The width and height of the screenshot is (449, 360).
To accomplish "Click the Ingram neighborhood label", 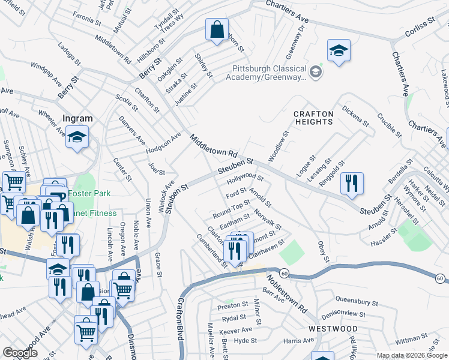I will click(77, 118).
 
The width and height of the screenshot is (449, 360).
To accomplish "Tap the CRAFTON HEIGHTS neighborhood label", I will click(313, 118).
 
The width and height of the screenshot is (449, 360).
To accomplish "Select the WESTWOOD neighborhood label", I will click(333, 329).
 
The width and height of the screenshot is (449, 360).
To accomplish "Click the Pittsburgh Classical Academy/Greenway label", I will click(267, 73).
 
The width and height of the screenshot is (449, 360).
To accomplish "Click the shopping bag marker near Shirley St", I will click(217, 29).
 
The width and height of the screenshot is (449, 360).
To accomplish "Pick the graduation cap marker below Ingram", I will click(77, 137).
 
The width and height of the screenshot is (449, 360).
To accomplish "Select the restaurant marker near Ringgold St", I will click(352, 182).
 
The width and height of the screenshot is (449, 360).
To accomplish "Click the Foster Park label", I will click(85, 193).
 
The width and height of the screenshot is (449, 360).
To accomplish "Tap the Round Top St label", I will click(231, 209).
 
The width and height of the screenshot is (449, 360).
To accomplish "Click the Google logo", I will click(20, 353).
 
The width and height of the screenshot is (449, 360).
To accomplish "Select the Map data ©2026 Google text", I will click(411, 355).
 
